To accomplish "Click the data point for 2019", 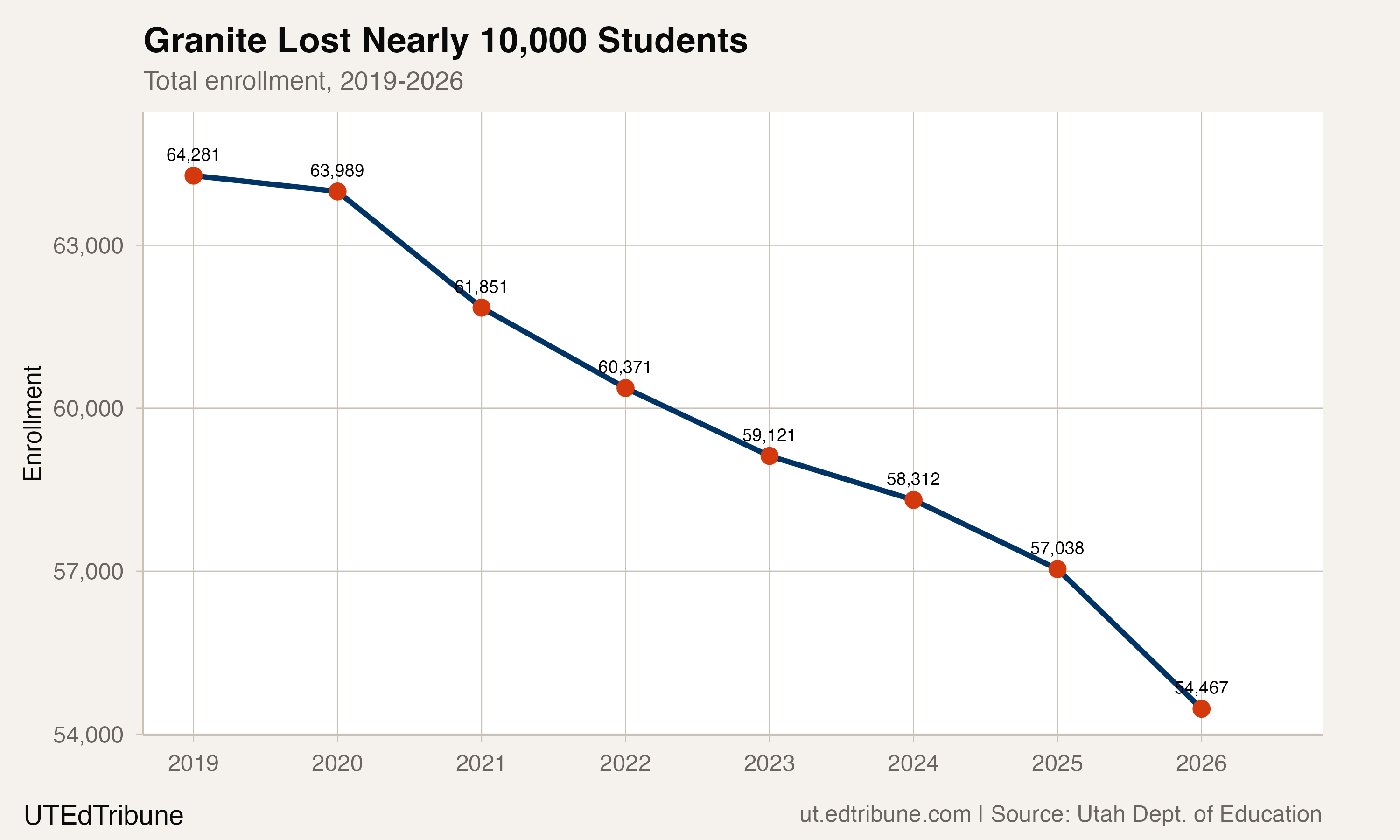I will [193, 175].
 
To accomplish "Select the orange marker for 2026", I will [1201, 709].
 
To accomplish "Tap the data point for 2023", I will [769, 455].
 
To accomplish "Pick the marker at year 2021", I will [481, 308].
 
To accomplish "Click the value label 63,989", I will [337, 170].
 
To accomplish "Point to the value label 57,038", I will [1057, 548].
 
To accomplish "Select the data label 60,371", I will [625, 367].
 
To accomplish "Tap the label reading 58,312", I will [913, 479].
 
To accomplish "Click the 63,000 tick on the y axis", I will [88, 245].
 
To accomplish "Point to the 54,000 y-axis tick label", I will [88, 735].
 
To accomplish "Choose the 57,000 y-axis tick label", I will [88, 572].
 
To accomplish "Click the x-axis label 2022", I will [625, 763].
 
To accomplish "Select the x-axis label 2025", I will [1057, 763].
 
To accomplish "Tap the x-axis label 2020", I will [337, 763].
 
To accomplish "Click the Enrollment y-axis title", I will [33, 423].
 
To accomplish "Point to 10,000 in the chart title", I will [532, 41].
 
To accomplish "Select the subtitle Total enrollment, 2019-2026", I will [303, 81].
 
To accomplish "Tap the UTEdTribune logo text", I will [104, 816].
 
